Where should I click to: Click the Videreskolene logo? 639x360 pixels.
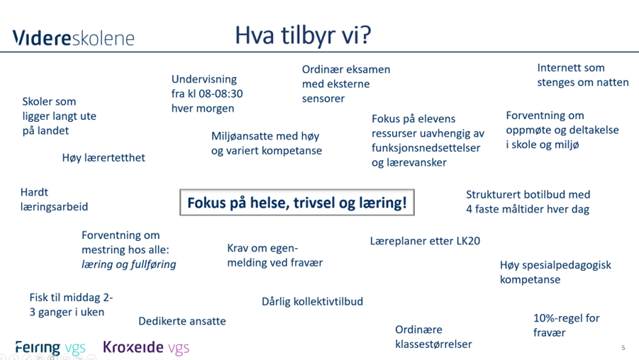[73, 38]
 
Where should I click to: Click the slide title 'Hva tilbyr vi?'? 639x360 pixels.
[304, 35]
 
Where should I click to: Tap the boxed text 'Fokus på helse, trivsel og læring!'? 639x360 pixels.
[296, 203]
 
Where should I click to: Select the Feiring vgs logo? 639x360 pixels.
[50, 347]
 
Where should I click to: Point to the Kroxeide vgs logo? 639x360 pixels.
[146, 347]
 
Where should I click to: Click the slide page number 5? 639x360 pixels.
[623, 347]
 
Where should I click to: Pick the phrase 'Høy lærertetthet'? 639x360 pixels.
[104, 157]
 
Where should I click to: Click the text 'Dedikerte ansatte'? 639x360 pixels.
[182, 321]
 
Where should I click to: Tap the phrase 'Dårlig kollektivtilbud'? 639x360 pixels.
[312, 301]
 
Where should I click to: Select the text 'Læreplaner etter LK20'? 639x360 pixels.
[425, 241]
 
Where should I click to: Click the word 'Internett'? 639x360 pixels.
[560, 68]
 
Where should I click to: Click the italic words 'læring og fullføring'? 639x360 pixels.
[128, 264]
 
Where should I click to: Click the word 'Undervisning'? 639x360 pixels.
[204, 79]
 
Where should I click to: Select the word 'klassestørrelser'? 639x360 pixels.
[433, 344]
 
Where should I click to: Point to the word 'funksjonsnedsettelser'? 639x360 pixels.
[426, 147]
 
